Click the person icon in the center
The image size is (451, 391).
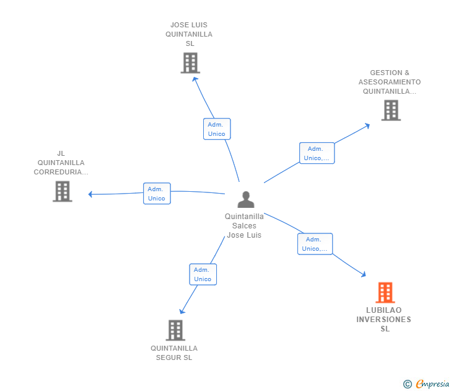pyautogui.click(x=246, y=199)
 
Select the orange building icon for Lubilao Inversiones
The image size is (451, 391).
pyautogui.click(x=385, y=292)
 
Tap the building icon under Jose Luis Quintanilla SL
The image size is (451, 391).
pyautogui.click(x=190, y=63)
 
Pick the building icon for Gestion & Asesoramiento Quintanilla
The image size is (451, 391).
pyautogui.click(x=391, y=110)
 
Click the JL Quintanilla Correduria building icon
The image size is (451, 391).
pyautogui.click(x=62, y=191)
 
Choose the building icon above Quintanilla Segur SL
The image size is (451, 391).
pyautogui.click(x=175, y=330)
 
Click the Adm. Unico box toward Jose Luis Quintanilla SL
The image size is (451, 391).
pyautogui.click(x=217, y=129)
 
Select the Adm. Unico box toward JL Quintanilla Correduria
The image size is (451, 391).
pyautogui.click(x=157, y=194)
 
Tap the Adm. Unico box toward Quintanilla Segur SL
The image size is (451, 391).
pyautogui.click(x=203, y=274)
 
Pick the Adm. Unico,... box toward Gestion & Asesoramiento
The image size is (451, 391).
pyautogui.click(x=317, y=153)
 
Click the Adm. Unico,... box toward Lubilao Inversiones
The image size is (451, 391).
pyautogui.click(x=315, y=244)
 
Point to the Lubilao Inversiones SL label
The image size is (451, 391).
pyautogui.click(x=384, y=320)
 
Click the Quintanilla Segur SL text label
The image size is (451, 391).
pyautogui.click(x=174, y=353)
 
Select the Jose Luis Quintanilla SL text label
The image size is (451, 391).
pyautogui.click(x=189, y=34)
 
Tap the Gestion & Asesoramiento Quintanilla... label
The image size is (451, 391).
pyautogui.click(x=390, y=82)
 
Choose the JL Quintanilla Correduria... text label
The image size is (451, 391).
pyautogui.click(x=61, y=163)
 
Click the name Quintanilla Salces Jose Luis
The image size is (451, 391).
pyautogui.click(x=244, y=226)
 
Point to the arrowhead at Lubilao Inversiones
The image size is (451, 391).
pyautogui.click(x=364, y=274)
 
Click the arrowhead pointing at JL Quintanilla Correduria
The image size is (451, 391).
pyautogui.click(x=90, y=194)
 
